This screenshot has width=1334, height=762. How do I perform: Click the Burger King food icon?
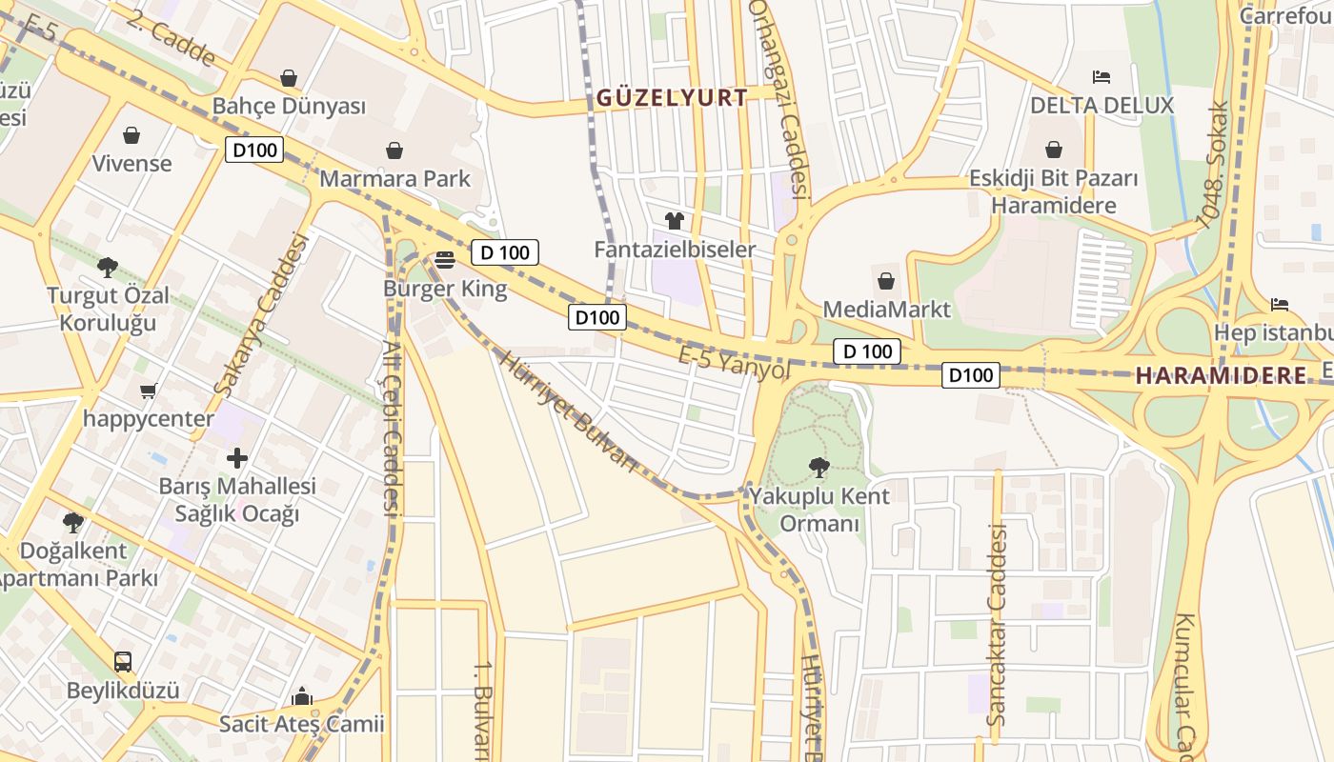[x=445, y=259]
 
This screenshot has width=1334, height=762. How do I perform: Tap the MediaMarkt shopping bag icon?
[x=886, y=281]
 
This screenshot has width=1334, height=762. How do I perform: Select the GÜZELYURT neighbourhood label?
[x=673, y=97]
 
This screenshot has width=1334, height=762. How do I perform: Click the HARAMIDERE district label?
[x=1222, y=375]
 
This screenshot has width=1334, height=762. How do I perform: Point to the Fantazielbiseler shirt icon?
[x=675, y=221]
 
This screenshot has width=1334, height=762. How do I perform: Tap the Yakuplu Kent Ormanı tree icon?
[x=818, y=467]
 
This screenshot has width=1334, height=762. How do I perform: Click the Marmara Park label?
[x=394, y=178]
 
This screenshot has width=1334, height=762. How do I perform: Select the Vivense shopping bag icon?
[x=131, y=135]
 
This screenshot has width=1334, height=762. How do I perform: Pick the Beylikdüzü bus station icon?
[x=122, y=661]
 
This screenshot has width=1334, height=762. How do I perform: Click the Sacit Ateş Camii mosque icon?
[x=302, y=696]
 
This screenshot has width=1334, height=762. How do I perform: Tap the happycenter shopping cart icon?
[x=148, y=391]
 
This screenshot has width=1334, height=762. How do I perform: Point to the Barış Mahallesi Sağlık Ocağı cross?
[x=236, y=459]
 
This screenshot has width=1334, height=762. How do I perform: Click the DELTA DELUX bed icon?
[x=1102, y=76]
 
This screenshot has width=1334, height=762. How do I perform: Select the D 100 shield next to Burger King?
[x=505, y=252]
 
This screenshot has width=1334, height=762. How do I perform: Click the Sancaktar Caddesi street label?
[x=997, y=624]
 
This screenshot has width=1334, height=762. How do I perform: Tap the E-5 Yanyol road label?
[x=734, y=362]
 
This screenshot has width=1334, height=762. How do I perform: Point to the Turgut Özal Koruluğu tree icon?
[x=108, y=267]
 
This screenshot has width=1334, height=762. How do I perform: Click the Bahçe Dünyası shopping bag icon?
[x=289, y=78]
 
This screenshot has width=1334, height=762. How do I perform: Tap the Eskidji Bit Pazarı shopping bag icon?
[x=1054, y=150]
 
